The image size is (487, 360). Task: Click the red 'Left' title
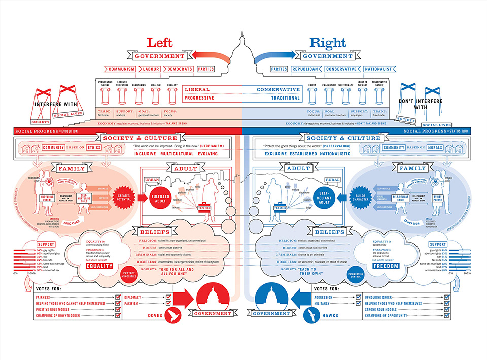(162, 44)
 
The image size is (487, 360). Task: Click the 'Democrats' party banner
(180, 69)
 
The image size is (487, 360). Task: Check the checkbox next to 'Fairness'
(118, 297)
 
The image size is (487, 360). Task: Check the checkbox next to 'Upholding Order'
(446, 297)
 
